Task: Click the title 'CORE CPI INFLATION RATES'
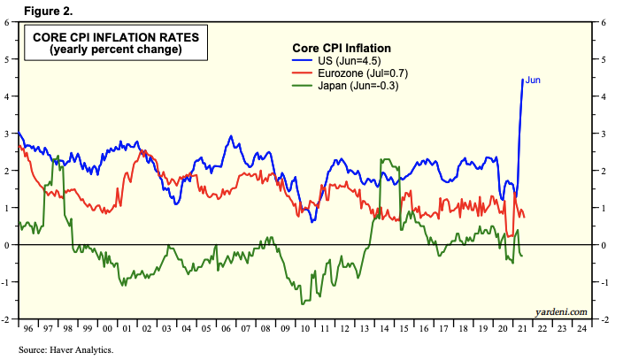(x=110, y=37)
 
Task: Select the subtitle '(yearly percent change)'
(x=110, y=50)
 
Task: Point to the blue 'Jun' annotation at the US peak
(x=533, y=80)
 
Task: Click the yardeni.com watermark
(x=561, y=311)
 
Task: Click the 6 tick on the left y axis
(x=8, y=22)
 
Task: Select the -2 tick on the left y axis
(x=6, y=319)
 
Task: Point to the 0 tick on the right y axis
(x=604, y=245)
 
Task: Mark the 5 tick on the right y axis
(x=604, y=59)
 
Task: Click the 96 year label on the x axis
(x=28, y=329)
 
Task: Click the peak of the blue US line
(x=522, y=80)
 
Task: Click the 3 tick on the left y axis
(x=8, y=134)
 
